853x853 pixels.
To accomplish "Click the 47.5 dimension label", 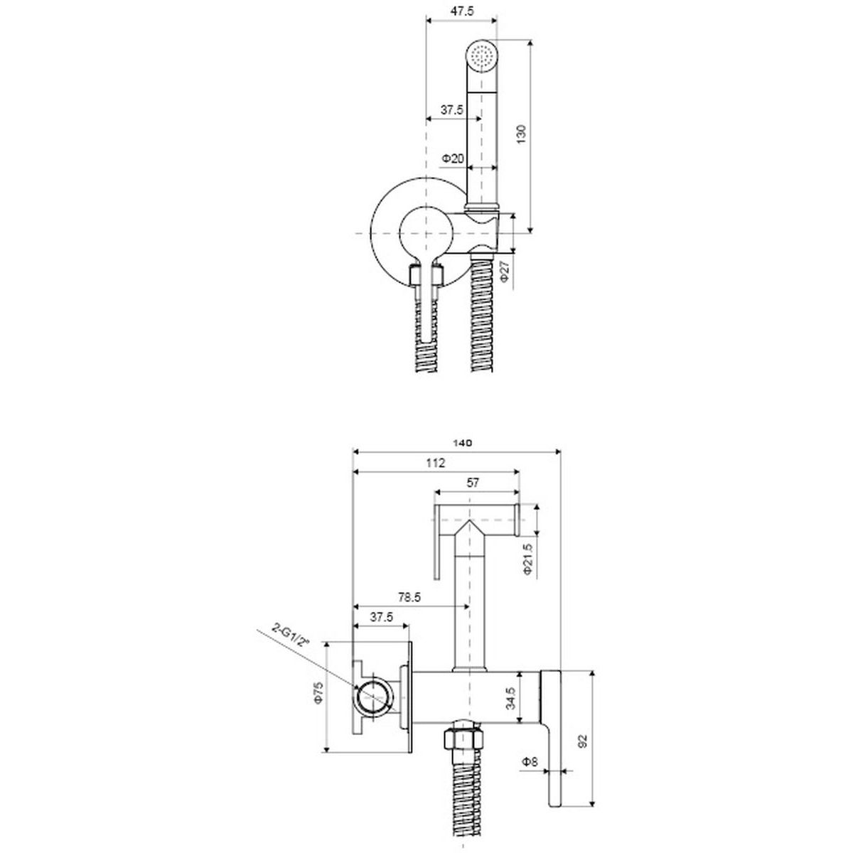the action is point(462,11).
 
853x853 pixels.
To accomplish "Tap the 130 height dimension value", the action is point(522,134).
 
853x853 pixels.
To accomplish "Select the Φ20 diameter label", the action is point(453,158).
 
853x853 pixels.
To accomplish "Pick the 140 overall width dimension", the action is point(462,442).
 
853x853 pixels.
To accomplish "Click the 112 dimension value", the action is point(436,463).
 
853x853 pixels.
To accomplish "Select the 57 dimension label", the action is point(473,483).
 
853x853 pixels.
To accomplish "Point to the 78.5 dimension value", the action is point(409,598).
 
